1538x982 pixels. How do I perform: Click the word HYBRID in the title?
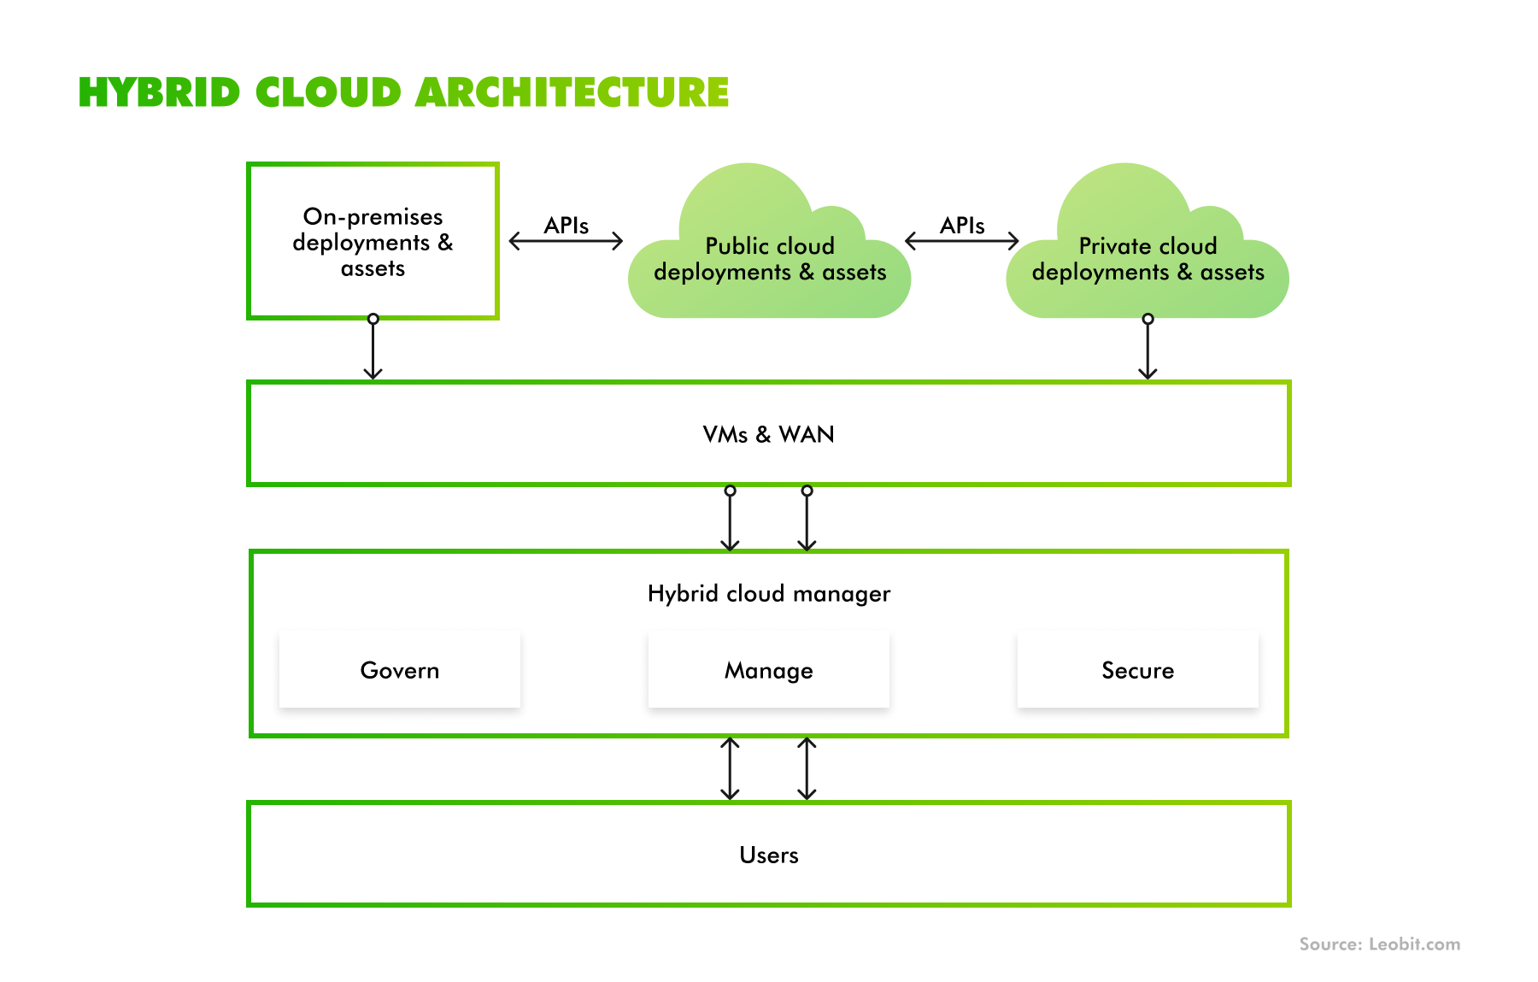tap(159, 92)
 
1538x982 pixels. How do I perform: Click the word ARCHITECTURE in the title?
tap(572, 92)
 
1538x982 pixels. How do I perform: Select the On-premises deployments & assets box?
tap(373, 242)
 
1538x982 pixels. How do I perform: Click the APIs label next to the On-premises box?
tap(566, 226)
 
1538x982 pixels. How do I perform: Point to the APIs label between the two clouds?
tap(962, 226)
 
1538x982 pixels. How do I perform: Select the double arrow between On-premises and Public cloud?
tap(566, 241)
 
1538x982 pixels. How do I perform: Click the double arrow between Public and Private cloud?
tap(962, 241)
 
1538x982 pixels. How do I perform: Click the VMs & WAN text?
tap(768, 434)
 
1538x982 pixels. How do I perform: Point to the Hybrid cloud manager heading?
tap(768, 593)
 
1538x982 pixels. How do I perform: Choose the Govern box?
tap(400, 670)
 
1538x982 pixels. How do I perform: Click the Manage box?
tap(768, 670)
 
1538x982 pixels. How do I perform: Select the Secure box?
tap(1137, 670)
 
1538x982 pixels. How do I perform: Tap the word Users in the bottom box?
tap(768, 855)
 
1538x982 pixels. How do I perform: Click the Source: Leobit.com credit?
tap(1379, 944)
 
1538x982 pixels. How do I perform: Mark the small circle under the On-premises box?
tap(373, 319)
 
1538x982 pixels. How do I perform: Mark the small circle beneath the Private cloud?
tap(1148, 319)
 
